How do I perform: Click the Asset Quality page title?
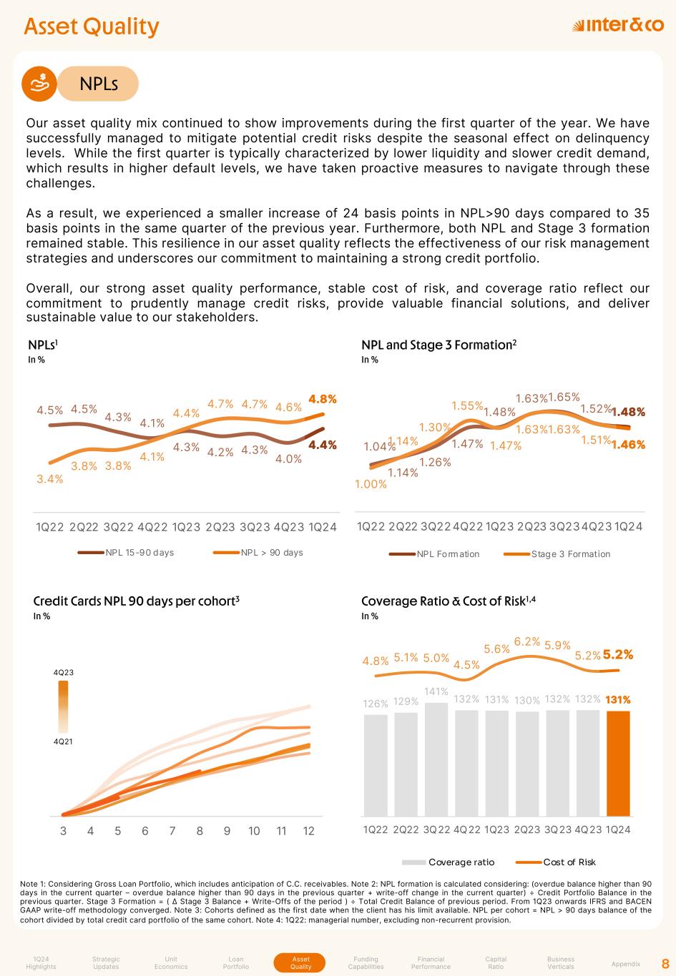coord(92,26)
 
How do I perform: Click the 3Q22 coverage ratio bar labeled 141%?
coord(436,759)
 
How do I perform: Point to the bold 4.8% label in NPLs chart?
coord(323,399)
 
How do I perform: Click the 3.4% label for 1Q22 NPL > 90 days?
coord(50,479)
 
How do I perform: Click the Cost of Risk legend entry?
coord(569,862)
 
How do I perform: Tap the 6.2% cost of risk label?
coord(526,641)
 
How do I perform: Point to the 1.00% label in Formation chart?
coord(371,484)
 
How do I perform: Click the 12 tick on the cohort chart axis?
coord(309,831)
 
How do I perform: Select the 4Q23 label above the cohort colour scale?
coord(64,673)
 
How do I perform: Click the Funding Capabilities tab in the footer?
coord(366,963)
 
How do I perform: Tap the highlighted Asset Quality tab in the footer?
coord(300,963)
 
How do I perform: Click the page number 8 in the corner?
coord(665,963)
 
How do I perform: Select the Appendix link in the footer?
coord(626,964)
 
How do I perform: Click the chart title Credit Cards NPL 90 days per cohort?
coord(136,601)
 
